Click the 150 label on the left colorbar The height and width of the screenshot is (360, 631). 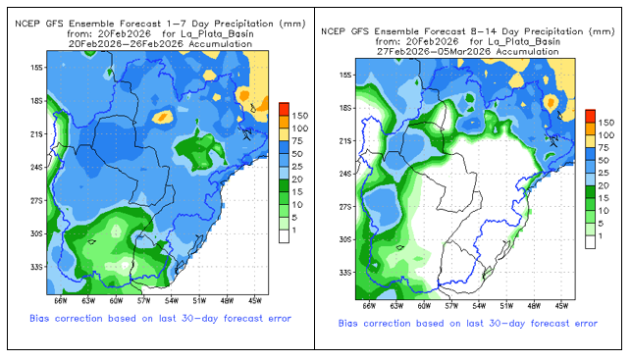[300, 116]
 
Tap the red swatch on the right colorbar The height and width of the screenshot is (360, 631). [591, 116]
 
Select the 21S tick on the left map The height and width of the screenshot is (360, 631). [36, 134]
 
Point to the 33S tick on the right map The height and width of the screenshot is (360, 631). [344, 273]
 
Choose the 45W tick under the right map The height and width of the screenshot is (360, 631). [561, 306]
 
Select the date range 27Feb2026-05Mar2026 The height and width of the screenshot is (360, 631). [434, 52]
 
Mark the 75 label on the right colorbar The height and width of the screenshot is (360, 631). [604, 147]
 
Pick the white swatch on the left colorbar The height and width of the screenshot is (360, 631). [285, 236]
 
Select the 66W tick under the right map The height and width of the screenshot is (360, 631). [369, 306]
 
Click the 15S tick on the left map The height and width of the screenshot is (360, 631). [36, 68]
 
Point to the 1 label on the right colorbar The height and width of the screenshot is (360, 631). [600, 236]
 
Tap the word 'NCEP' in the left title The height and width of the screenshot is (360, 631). [27, 24]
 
